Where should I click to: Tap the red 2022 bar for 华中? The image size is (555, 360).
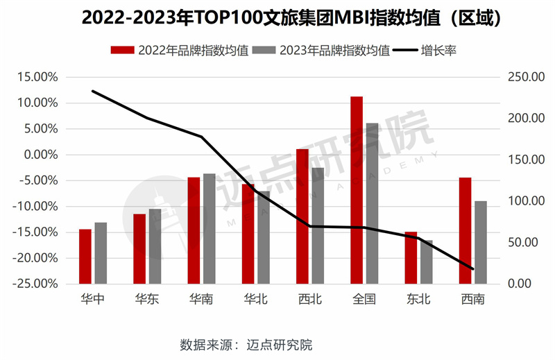coord(85,256)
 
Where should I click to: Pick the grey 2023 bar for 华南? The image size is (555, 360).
coord(209,228)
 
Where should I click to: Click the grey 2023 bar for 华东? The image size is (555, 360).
coord(155,246)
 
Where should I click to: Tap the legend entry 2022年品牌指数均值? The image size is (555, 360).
coord(180,50)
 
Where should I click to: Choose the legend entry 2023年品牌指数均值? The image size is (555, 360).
coord(322,50)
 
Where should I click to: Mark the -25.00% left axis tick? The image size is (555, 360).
coord(39,284)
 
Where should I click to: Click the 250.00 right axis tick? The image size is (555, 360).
coord(522,77)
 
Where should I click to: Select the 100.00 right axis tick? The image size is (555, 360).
coord(522,201)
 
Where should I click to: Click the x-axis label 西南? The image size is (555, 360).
coord(472,300)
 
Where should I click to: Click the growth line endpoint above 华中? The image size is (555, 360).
coord(93,91)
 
